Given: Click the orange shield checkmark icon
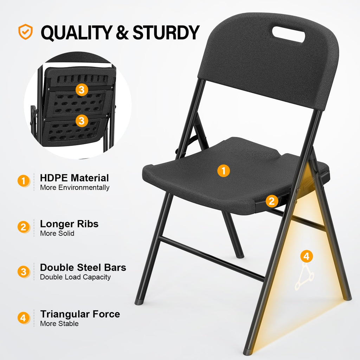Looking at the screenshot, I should tap(25, 32).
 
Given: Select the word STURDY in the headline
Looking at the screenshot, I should tap(166, 32).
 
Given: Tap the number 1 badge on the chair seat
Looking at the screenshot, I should tap(224, 171).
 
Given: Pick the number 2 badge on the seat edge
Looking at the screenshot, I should tap(271, 201).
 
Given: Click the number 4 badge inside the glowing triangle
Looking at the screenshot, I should tap(307, 256).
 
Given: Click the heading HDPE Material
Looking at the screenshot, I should tap(75, 178).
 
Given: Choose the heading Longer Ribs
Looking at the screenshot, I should tap(69, 224).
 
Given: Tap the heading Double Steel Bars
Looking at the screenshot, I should tap(83, 267).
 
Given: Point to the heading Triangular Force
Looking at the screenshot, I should tap(80, 314).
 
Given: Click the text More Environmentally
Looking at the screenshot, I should tap(75, 187).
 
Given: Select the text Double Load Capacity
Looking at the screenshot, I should tap(75, 277).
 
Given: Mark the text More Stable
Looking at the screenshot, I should tap(59, 324).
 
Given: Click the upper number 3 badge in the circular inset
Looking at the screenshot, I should tap(82, 90).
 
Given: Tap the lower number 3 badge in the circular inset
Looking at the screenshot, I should tap(82, 121).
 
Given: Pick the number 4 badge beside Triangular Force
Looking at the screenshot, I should tap(23, 319).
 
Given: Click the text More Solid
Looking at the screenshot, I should tap(57, 233).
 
